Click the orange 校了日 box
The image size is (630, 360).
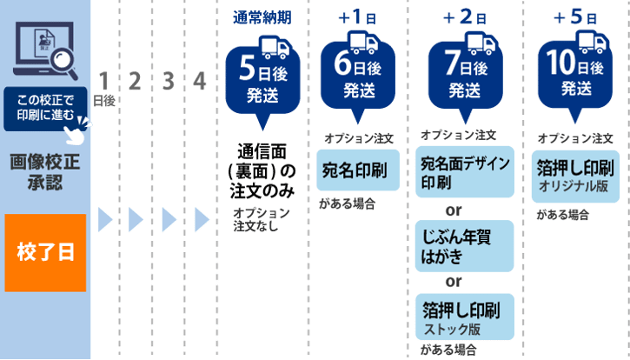[45, 252]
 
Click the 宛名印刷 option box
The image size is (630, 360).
[357, 168]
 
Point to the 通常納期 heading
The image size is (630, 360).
[261, 17]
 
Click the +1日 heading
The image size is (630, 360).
[357, 17]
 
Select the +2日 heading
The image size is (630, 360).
[463, 17]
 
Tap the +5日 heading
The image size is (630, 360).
[577, 17]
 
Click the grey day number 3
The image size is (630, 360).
[168, 82]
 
